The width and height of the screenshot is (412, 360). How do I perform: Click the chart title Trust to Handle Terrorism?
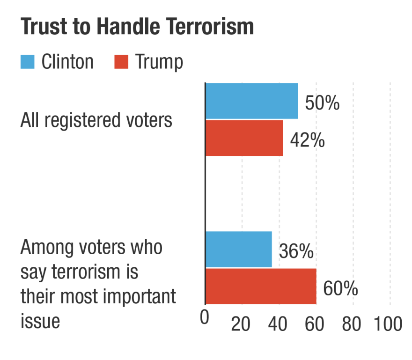point(137,28)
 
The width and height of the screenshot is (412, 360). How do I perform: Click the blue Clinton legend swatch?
point(28,62)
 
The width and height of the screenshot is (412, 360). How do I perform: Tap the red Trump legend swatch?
point(121,62)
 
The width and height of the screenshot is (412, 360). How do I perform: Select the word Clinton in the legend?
point(67,62)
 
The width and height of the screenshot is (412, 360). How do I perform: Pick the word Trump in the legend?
point(159,62)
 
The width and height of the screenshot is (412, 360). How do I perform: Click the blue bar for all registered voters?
point(251,101)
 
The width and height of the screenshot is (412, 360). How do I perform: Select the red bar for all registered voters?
point(244,138)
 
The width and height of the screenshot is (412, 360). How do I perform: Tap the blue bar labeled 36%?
point(238,249)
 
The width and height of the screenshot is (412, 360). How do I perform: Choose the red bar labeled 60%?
point(261,286)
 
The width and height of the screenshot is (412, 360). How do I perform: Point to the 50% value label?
point(322,103)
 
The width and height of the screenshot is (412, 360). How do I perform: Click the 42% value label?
point(307,140)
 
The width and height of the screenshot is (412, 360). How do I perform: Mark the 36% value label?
point(296,251)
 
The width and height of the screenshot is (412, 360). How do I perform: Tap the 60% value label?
point(340,288)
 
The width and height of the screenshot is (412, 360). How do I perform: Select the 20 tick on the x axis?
point(242,324)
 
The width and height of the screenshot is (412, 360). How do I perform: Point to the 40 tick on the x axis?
point(279,324)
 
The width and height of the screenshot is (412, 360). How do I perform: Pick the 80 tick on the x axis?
point(353,324)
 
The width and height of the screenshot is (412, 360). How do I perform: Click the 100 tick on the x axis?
point(388,324)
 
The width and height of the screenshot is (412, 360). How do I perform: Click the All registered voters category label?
point(96,120)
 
